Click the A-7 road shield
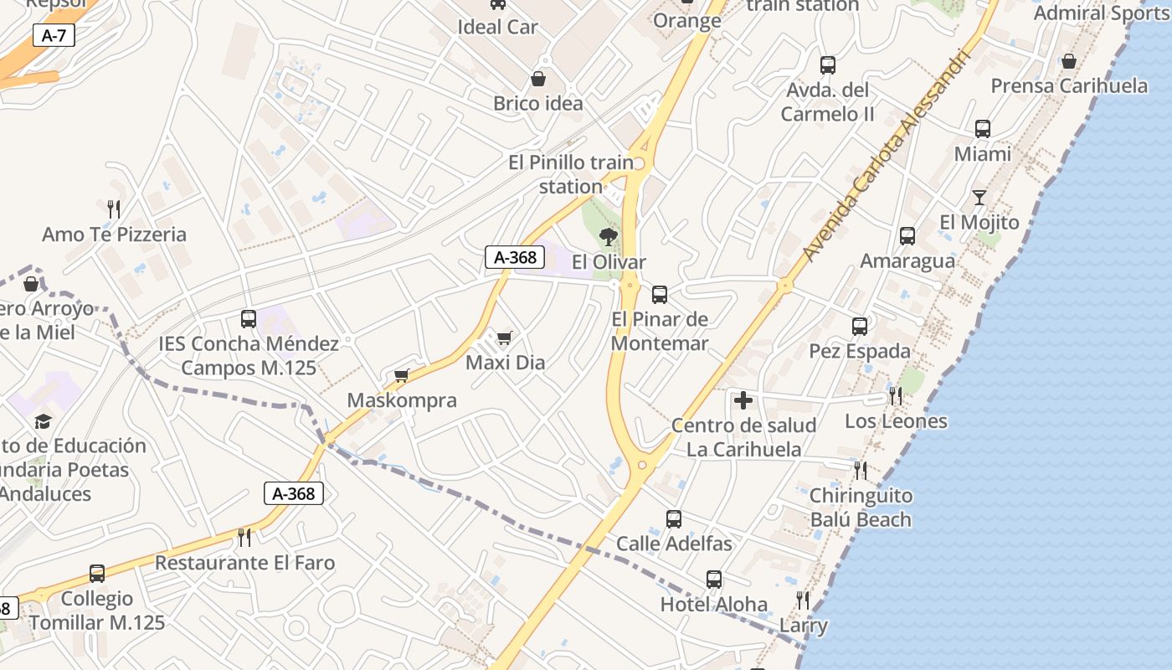point(54,35)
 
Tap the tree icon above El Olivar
point(609,237)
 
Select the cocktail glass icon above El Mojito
point(979,198)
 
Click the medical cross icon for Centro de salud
point(743,400)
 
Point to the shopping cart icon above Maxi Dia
point(504,338)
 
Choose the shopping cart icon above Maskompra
point(402,375)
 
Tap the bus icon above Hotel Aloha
point(713,579)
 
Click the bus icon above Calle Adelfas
point(673,518)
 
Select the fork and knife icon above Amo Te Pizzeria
point(114,209)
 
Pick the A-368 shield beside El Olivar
point(515,257)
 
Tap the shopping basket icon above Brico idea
point(537,79)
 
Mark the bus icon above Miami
point(982,129)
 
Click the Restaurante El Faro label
point(244,563)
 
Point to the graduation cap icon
point(43,421)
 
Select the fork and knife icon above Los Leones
point(896,396)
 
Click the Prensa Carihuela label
point(1069,85)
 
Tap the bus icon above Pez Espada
point(860,326)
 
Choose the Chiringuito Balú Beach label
point(861,508)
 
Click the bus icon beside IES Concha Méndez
point(248,318)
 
